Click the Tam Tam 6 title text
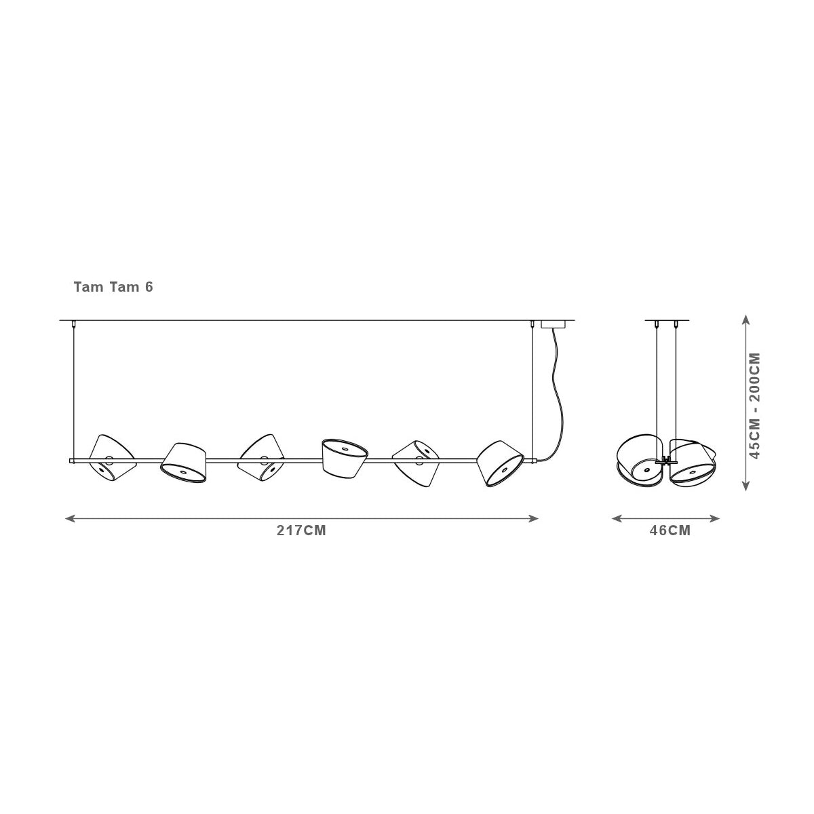[113, 287]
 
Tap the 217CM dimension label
[302, 530]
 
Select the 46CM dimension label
[670, 530]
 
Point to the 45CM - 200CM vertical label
[754, 406]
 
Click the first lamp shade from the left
[113, 457]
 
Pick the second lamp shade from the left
[183, 463]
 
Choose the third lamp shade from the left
[260, 457]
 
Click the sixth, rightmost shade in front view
[501, 463]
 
